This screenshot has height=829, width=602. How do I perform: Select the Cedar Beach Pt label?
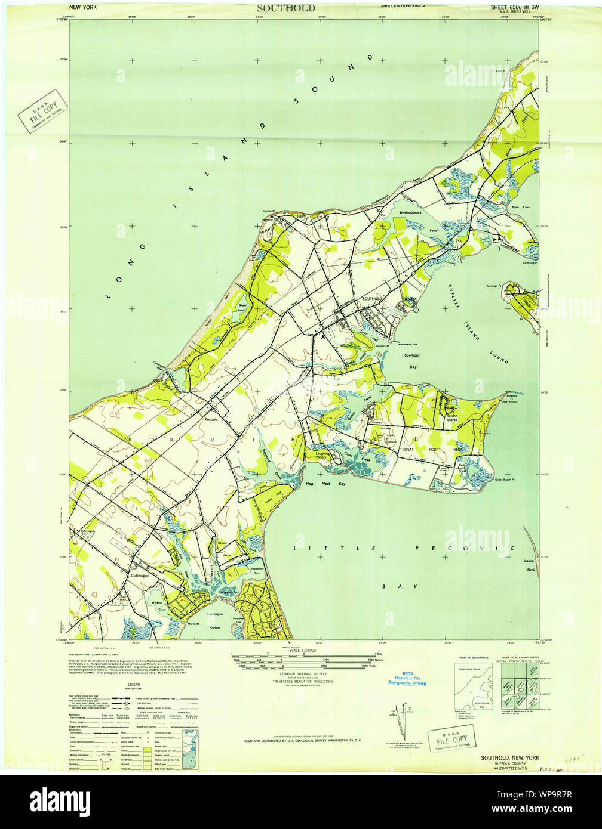504,479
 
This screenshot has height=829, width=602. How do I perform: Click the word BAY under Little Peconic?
391,587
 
